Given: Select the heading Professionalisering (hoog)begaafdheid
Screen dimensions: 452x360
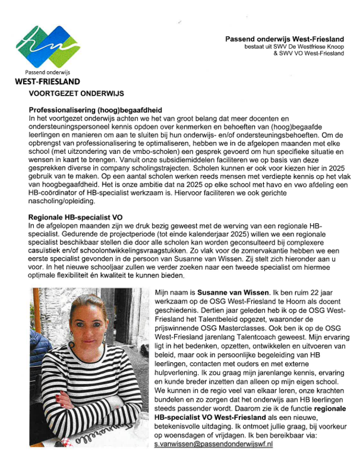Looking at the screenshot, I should coord(96,110).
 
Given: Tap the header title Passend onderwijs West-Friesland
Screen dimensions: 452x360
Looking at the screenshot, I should coord(285,39).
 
